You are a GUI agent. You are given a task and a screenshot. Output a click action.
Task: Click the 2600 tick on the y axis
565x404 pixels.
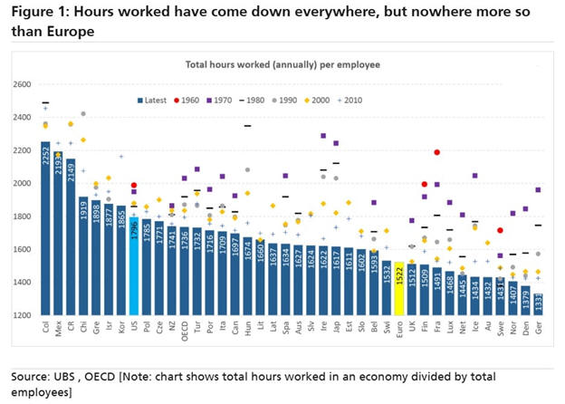(21, 84)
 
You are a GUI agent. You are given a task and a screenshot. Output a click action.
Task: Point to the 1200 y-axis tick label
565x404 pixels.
(21, 315)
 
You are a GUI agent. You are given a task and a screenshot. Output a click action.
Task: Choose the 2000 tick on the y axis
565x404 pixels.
(21, 183)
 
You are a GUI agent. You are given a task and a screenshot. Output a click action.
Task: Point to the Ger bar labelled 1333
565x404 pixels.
(539, 304)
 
